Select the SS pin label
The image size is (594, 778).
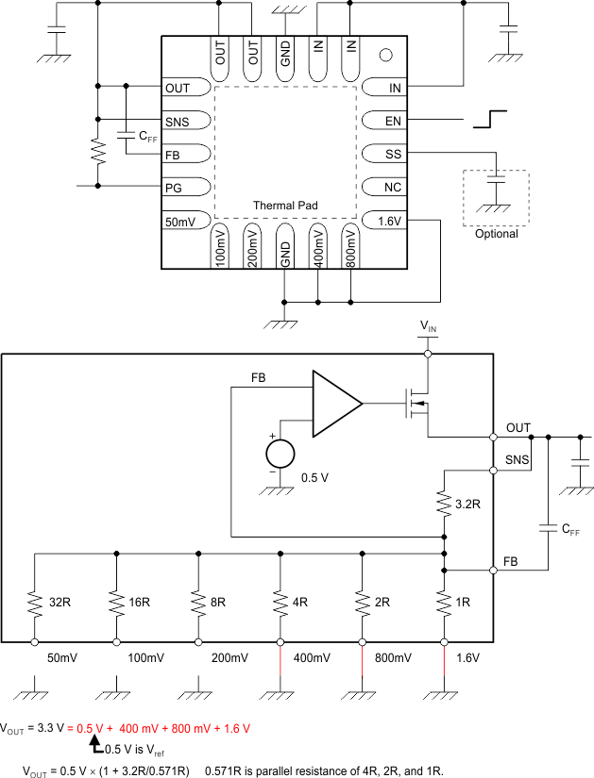point(393,154)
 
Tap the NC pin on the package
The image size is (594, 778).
point(393,187)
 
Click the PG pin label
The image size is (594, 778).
point(173,187)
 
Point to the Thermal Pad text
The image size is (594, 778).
point(284,205)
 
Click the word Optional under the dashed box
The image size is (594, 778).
point(496,234)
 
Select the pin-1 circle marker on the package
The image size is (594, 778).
point(384,55)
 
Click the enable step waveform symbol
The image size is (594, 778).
point(492,120)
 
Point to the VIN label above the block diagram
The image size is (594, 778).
point(429,326)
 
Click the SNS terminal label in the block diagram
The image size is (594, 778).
point(517,459)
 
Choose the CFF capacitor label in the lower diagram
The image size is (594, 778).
point(570,530)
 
